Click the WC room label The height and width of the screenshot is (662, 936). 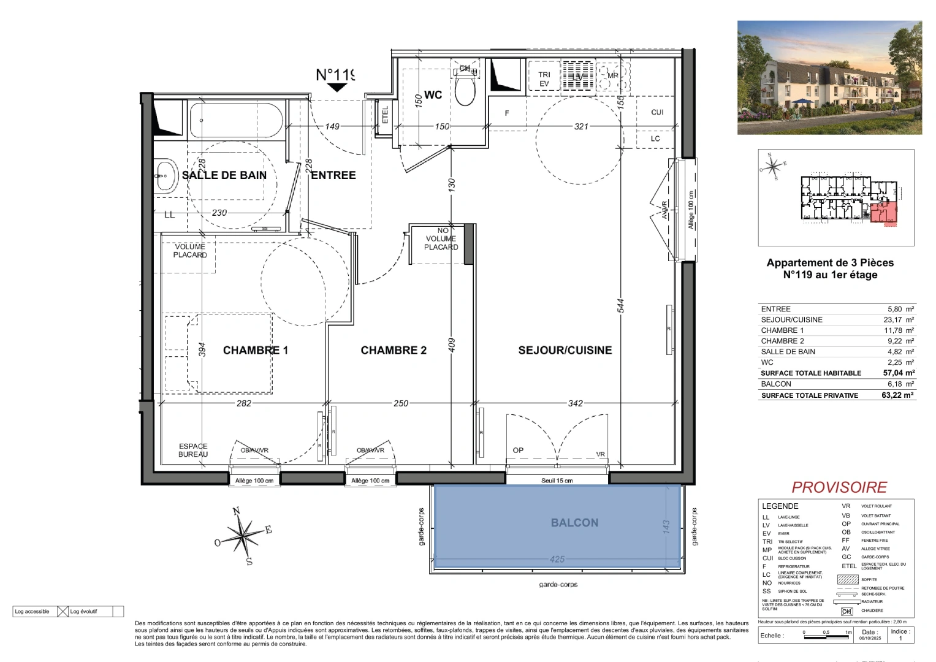tap(433, 95)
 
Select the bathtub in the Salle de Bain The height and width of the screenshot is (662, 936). tap(236, 121)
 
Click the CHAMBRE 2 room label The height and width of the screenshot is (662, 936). tap(394, 350)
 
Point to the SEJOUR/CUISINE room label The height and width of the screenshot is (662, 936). tap(565, 350)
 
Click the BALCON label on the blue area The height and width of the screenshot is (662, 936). tap(574, 523)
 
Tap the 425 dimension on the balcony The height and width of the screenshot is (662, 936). tap(557, 559)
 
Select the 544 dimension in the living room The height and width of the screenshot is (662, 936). tap(621, 306)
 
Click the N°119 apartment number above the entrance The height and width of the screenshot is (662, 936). tap(335, 75)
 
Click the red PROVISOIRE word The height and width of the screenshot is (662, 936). tap(839, 487)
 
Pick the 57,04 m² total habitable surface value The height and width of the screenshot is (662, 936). tap(899, 373)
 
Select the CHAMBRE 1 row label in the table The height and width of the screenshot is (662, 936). tap(782, 330)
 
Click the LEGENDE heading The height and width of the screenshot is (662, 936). tap(780, 506)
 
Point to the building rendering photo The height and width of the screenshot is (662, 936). tap(829, 78)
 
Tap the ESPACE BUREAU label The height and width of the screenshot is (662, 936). tap(193, 450)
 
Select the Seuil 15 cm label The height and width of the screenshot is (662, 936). tap(557, 481)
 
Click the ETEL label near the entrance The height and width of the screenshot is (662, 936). tap(386, 115)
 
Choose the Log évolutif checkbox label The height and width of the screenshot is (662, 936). tap(83, 611)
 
